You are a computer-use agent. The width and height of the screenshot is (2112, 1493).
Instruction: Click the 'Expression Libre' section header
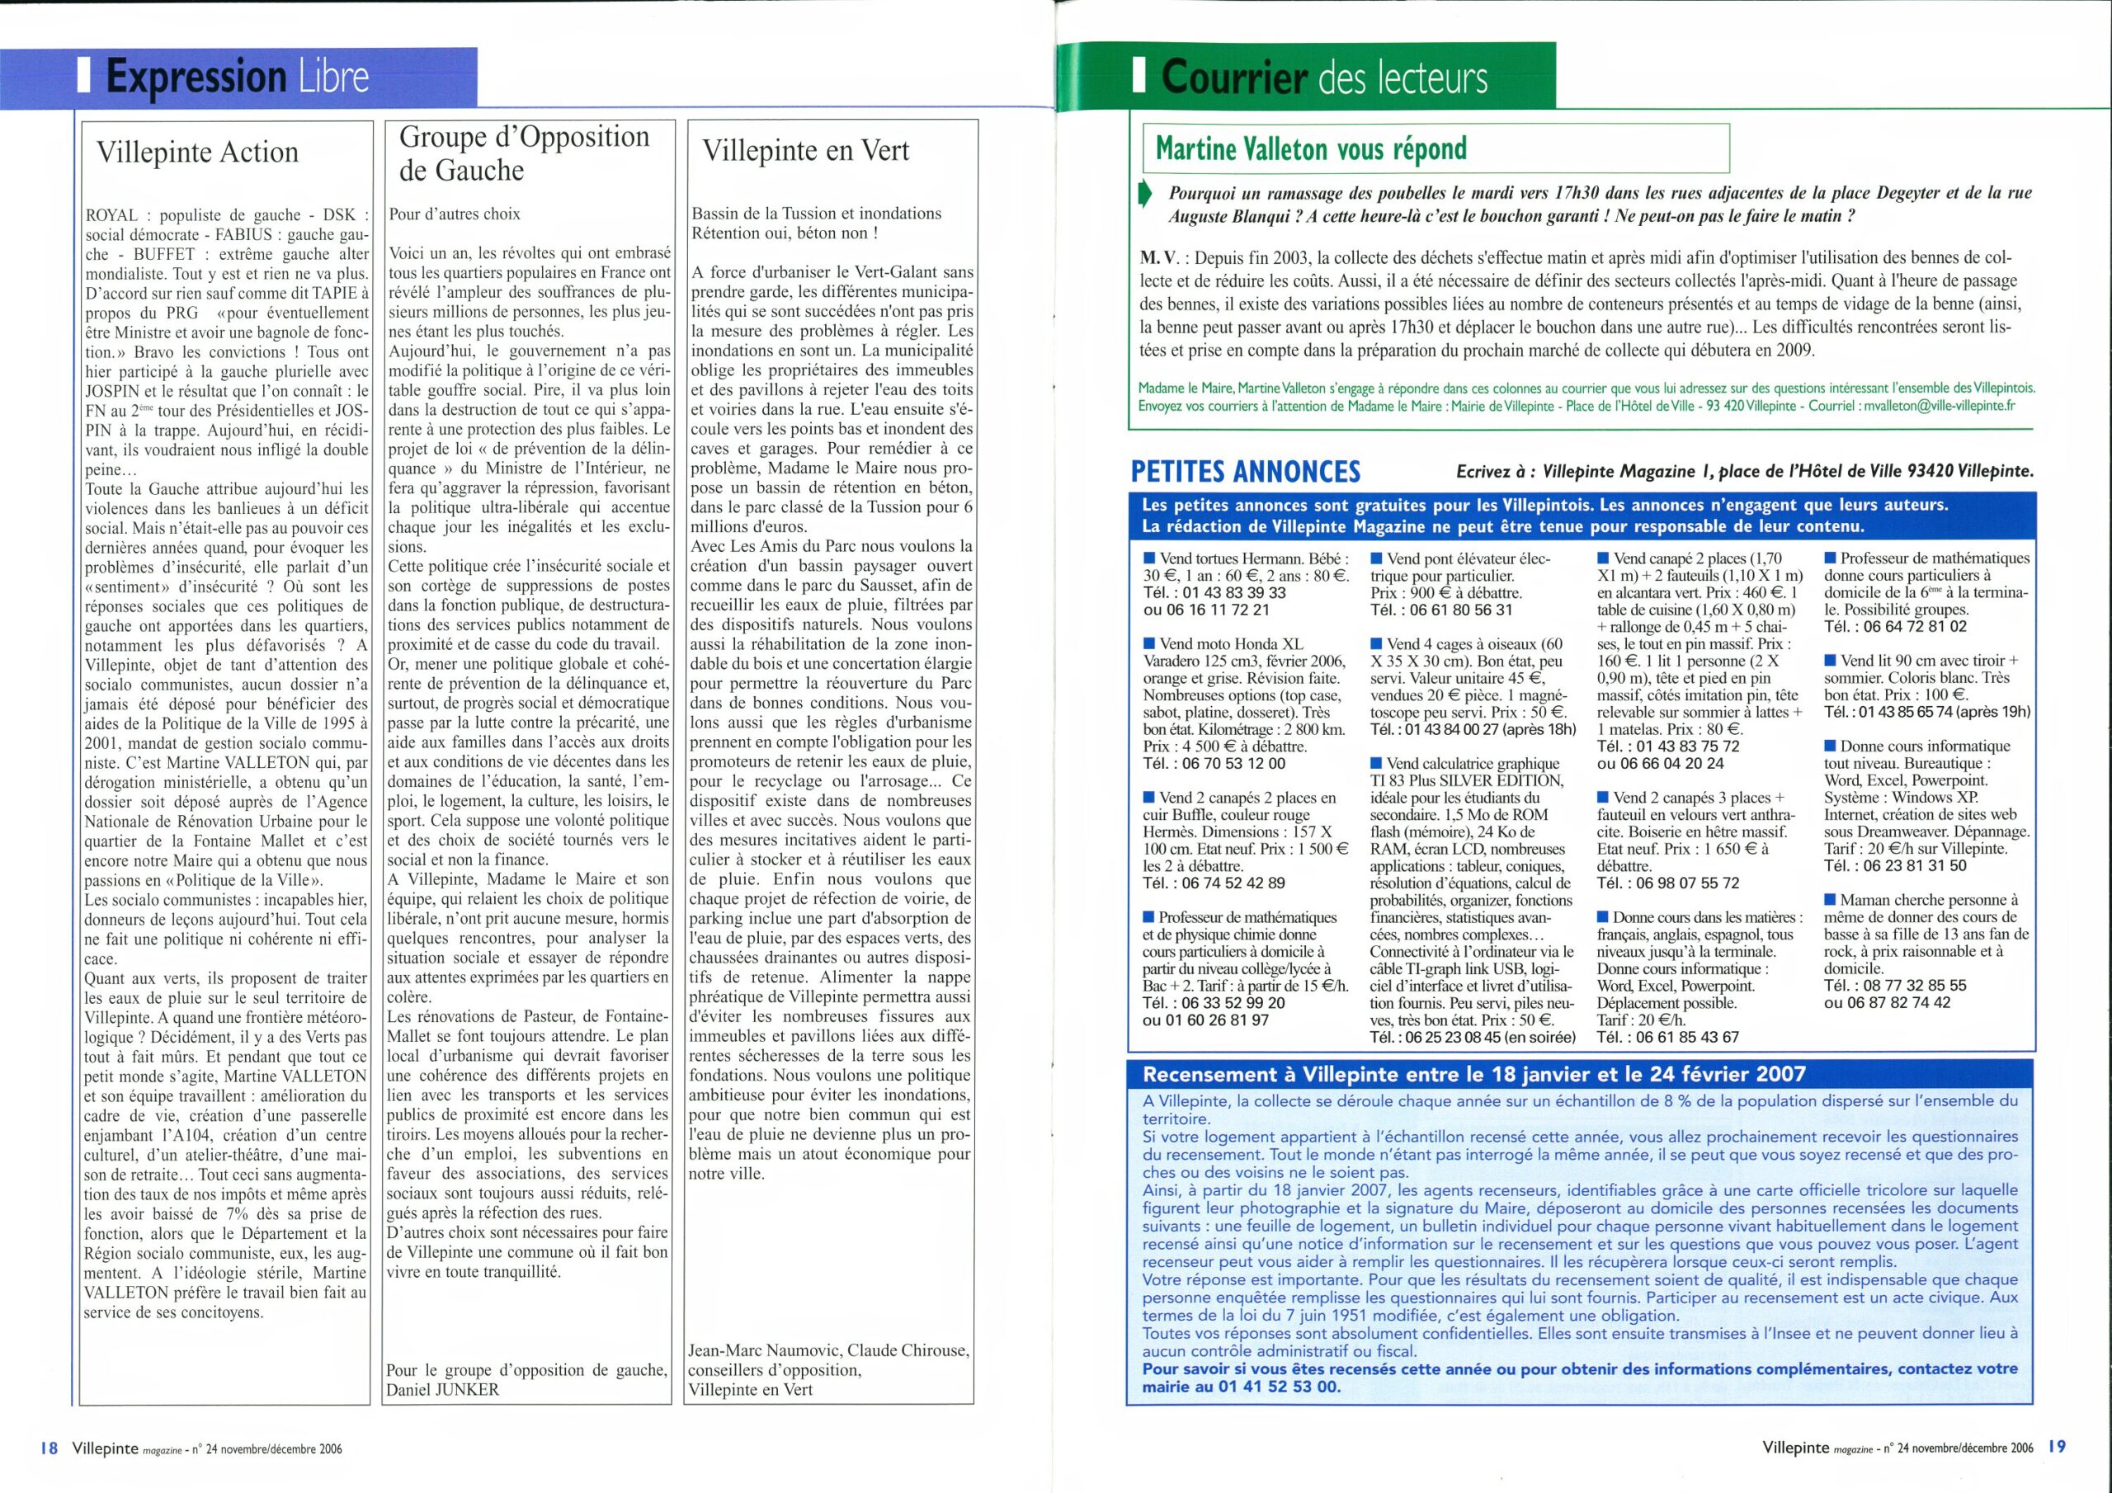coord(238,78)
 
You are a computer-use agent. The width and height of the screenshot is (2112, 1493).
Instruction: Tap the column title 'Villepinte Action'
coord(198,152)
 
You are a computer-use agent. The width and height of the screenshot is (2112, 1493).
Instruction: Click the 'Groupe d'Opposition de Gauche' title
coord(526,153)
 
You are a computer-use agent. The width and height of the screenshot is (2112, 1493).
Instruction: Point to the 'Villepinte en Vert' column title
coord(805,151)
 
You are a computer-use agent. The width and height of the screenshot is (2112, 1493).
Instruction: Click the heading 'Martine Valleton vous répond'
coord(1311,148)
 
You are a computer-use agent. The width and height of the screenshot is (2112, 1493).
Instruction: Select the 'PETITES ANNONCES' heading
coord(1245,472)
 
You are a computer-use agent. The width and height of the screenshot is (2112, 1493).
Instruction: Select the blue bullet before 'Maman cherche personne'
coord(1830,901)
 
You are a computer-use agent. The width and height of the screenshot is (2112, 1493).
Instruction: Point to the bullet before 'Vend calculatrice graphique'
coord(1376,764)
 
